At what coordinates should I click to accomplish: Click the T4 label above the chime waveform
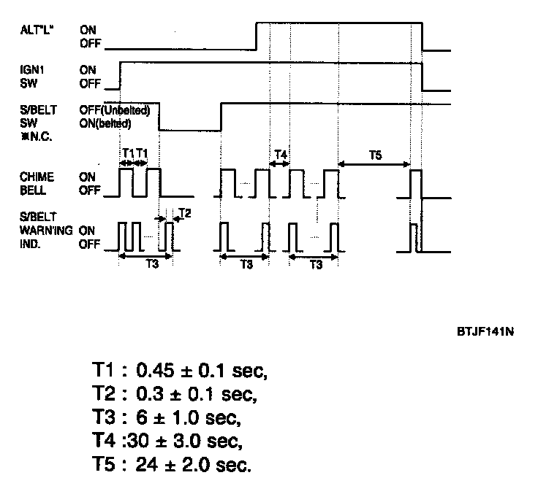[280, 154]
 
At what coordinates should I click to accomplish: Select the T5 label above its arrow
[375, 154]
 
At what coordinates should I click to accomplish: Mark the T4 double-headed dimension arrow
[280, 165]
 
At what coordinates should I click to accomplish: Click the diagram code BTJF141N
[484, 331]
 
